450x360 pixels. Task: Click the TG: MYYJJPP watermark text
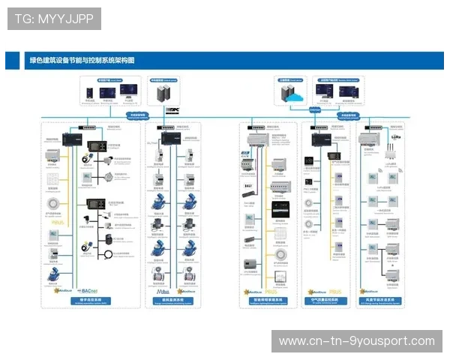click(53, 19)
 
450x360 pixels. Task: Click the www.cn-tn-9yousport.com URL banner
click(356, 341)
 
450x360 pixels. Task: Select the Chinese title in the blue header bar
click(82, 61)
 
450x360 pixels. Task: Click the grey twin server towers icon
click(163, 94)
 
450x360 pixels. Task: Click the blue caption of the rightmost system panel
click(382, 301)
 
